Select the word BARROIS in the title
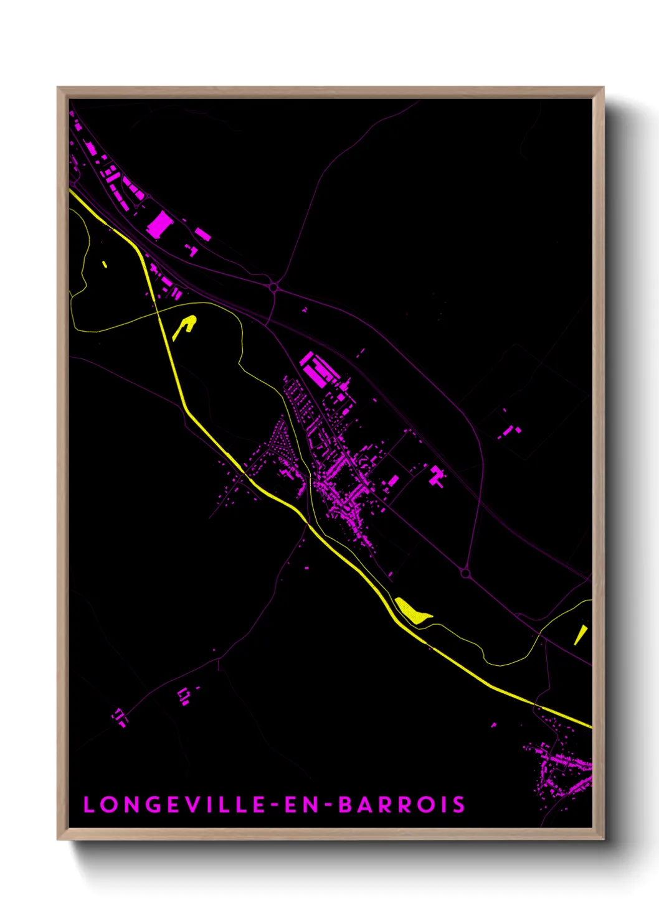[402, 805]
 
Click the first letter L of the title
[88, 805]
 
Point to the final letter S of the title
[459, 805]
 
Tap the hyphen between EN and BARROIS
[329, 805]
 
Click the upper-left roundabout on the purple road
[273, 287]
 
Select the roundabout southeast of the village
[465, 573]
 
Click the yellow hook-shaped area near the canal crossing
[185, 325]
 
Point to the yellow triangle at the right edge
[580, 635]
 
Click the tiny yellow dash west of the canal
[105, 264]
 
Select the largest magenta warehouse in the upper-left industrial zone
[159, 224]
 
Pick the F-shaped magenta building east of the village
[437, 477]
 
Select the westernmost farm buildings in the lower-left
[120, 716]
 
